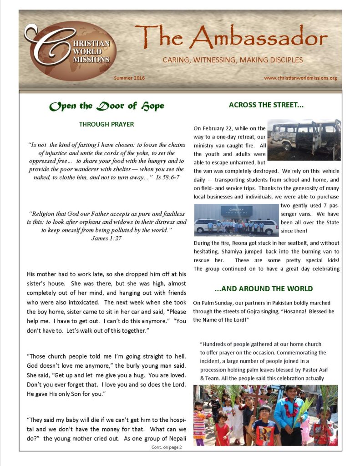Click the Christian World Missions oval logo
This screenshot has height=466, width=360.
[71, 51]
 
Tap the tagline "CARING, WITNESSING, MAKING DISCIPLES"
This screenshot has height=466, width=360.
[233, 60]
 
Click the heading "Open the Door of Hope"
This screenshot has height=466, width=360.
[107, 106]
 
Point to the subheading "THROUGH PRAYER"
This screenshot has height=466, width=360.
[106, 124]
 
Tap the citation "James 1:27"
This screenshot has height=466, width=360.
[106, 238]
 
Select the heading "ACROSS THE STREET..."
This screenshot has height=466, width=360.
[266, 105]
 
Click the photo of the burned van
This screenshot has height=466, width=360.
[304, 140]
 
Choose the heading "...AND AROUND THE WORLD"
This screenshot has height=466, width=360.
[264, 289]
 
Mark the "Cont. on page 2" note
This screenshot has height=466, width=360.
[167, 447]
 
